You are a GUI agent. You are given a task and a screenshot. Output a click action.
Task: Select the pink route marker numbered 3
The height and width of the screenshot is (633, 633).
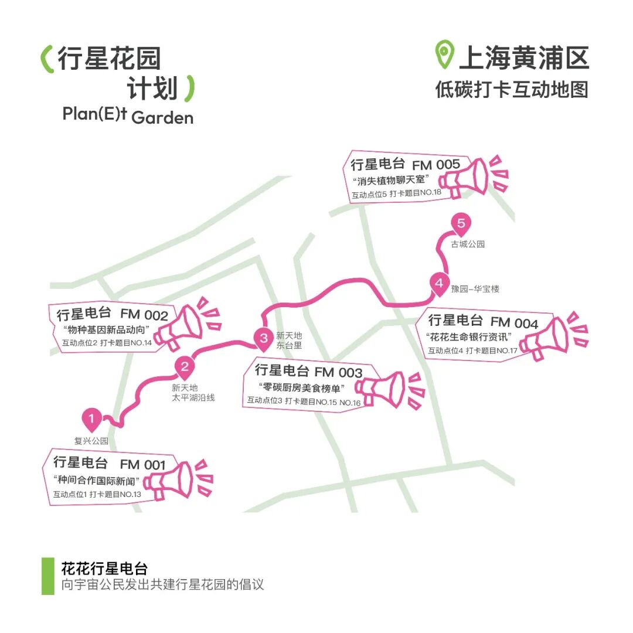[264, 338]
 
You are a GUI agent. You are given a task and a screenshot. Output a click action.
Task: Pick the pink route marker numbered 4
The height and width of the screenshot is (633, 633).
[439, 283]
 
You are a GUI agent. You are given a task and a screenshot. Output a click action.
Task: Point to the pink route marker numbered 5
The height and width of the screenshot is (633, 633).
[461, 224]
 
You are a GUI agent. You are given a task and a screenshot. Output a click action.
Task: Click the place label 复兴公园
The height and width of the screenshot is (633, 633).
[91, 441]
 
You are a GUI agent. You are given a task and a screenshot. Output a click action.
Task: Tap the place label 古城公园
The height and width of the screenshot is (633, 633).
[468, 244]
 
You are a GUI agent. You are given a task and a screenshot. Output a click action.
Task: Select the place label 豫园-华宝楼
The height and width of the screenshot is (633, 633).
[475, 289]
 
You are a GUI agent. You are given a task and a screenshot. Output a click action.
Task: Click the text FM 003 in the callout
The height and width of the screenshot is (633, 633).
[338, 372]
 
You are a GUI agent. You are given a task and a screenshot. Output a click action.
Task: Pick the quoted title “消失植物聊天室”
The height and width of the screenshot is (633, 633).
[392, 179]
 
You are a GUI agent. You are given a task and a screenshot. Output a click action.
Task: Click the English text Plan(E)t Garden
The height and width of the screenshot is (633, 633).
[128, 115]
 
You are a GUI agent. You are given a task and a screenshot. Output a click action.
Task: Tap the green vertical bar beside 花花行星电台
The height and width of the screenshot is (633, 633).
[47, 576]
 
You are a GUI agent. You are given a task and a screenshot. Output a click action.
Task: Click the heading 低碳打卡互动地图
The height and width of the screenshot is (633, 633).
[511, 90]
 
